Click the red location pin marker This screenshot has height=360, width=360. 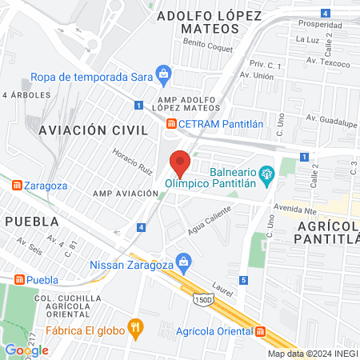[x=180, y=162]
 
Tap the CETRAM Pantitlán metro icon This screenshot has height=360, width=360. [x=171, y=123]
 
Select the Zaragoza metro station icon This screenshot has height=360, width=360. [x=18, y=185]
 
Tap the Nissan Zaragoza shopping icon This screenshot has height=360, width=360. [x=184, y=261]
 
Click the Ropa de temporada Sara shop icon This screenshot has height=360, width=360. [x=164, y=77]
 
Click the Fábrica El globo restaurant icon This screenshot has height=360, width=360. [x=136, y=326]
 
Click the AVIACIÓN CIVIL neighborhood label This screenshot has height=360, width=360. [x=89, y=129]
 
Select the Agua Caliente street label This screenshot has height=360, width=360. [x=210, y=217]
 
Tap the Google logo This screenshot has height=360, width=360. [x=26, y=350]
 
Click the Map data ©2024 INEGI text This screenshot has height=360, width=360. [x=311, y=354]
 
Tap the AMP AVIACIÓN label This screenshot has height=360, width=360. [x=125, y=194]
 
